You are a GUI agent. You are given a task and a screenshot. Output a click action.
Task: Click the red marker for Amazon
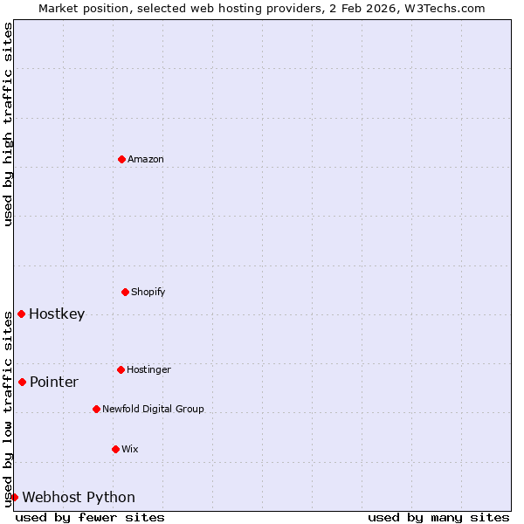click(x=121, y=159)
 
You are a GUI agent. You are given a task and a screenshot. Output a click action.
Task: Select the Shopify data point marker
click(x=125, y=292)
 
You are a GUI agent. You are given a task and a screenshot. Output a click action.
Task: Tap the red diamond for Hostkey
click(x=21, y=314)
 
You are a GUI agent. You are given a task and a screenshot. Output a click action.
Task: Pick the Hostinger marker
click(x=121, y=369)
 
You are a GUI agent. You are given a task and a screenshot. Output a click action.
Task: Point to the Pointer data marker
click(x=22, y=382)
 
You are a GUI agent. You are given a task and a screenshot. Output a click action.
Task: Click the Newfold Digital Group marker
click(x=96, y=409)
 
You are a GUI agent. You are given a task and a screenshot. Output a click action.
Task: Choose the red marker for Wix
click(x=115, y=449)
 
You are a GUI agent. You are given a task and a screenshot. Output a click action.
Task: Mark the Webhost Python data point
click(x=14, y=497)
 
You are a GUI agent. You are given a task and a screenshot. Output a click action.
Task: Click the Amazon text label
click(x=146, y=159)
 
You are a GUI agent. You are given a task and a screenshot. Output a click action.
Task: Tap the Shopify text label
click(x=148, y=292)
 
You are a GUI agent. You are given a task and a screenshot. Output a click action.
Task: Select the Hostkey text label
click(x=57, y=314)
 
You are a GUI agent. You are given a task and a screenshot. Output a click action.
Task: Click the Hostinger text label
click(x=148, y=369)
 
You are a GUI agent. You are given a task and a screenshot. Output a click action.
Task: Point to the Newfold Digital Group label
click(x=153, y=409)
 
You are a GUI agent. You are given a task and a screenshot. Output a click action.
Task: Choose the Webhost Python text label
click(x=79, y=497)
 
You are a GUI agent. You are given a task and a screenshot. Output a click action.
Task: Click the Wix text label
click(x=130, y=449)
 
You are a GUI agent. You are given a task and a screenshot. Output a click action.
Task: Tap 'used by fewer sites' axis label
click(x=90, y=517)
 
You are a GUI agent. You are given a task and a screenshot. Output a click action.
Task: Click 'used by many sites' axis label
click(x=438, y=517)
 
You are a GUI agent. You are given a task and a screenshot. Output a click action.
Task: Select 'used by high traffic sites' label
click(x=8, y=124)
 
